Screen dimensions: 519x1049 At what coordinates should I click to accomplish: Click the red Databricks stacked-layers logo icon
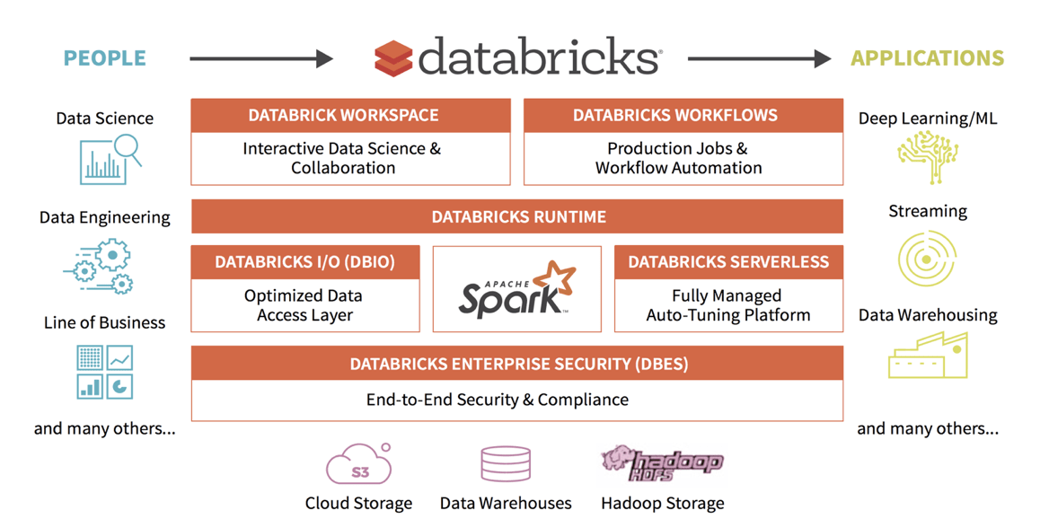tap(393, 58)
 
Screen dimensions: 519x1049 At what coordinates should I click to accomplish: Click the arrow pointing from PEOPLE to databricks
tap(260, 59)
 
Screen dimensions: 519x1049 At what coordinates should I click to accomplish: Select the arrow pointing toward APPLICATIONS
tap(759, 59)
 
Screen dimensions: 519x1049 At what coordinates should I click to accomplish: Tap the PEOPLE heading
tap(104, 58)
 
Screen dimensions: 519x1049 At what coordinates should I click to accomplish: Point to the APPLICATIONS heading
tap(927, 58)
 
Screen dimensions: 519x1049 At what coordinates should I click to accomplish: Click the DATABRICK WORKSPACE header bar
tap(350, 115)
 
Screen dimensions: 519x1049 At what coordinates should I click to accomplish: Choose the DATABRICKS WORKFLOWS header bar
tap(683, 115)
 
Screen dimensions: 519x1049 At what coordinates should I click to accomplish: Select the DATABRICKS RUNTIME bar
tap(517, 216)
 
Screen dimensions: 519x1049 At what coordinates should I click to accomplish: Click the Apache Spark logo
tap(517, 289)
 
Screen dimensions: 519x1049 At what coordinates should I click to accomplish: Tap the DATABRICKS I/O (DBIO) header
tap(305, 262)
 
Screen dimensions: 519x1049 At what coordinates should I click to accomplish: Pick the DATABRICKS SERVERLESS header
tap(728, 262)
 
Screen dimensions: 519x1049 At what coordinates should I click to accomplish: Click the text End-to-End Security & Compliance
tap(497, 400)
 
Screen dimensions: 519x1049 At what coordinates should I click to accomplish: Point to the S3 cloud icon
tap(358, 465)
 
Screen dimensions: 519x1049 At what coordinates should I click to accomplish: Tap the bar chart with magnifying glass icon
tap(110, 159)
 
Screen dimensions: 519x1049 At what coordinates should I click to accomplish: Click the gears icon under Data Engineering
tap(101, 266)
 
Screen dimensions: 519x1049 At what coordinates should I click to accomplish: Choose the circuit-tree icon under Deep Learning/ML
tap(927, 158)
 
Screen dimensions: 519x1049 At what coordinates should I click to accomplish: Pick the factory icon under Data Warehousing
tap(927, 356)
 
